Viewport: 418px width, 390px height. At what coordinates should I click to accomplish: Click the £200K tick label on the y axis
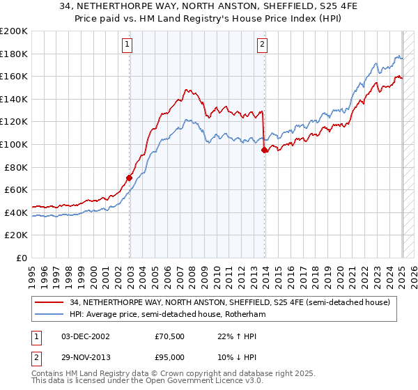click(14, 31)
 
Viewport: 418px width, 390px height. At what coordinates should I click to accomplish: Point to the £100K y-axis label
click(14, 144)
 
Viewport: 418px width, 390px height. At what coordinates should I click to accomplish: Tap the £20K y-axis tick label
click(16, 235)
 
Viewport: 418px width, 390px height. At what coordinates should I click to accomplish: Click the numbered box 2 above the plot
click(263, 45)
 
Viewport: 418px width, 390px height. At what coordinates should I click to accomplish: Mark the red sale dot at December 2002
click(130, 178)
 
